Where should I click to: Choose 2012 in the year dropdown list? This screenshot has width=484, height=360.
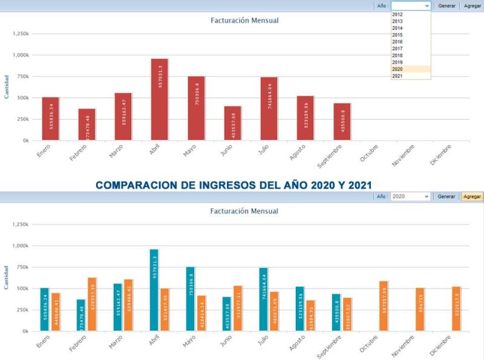(397, 15)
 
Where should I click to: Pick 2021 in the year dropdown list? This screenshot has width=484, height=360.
(397, 76)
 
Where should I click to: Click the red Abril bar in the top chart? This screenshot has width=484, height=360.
(160, 100)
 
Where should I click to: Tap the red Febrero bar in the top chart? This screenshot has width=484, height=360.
(87, 125)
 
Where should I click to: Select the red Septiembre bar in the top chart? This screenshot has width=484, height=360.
(342, 122)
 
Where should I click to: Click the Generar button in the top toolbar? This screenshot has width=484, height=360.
(446, 5)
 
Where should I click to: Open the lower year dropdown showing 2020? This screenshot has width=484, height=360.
(410, 197)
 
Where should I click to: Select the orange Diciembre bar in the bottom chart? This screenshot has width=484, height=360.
(456, 309)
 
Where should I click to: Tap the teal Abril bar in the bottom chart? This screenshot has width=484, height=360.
(154, 290)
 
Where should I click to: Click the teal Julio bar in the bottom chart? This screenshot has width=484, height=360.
(263, 299)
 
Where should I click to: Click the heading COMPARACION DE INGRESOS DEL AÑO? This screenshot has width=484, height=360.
(234, 184)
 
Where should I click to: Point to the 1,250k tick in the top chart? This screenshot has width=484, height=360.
(21, 33)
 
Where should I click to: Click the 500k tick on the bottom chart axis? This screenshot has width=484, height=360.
(22, 289)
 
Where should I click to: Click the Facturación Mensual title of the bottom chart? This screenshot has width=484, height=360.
(244, 211)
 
